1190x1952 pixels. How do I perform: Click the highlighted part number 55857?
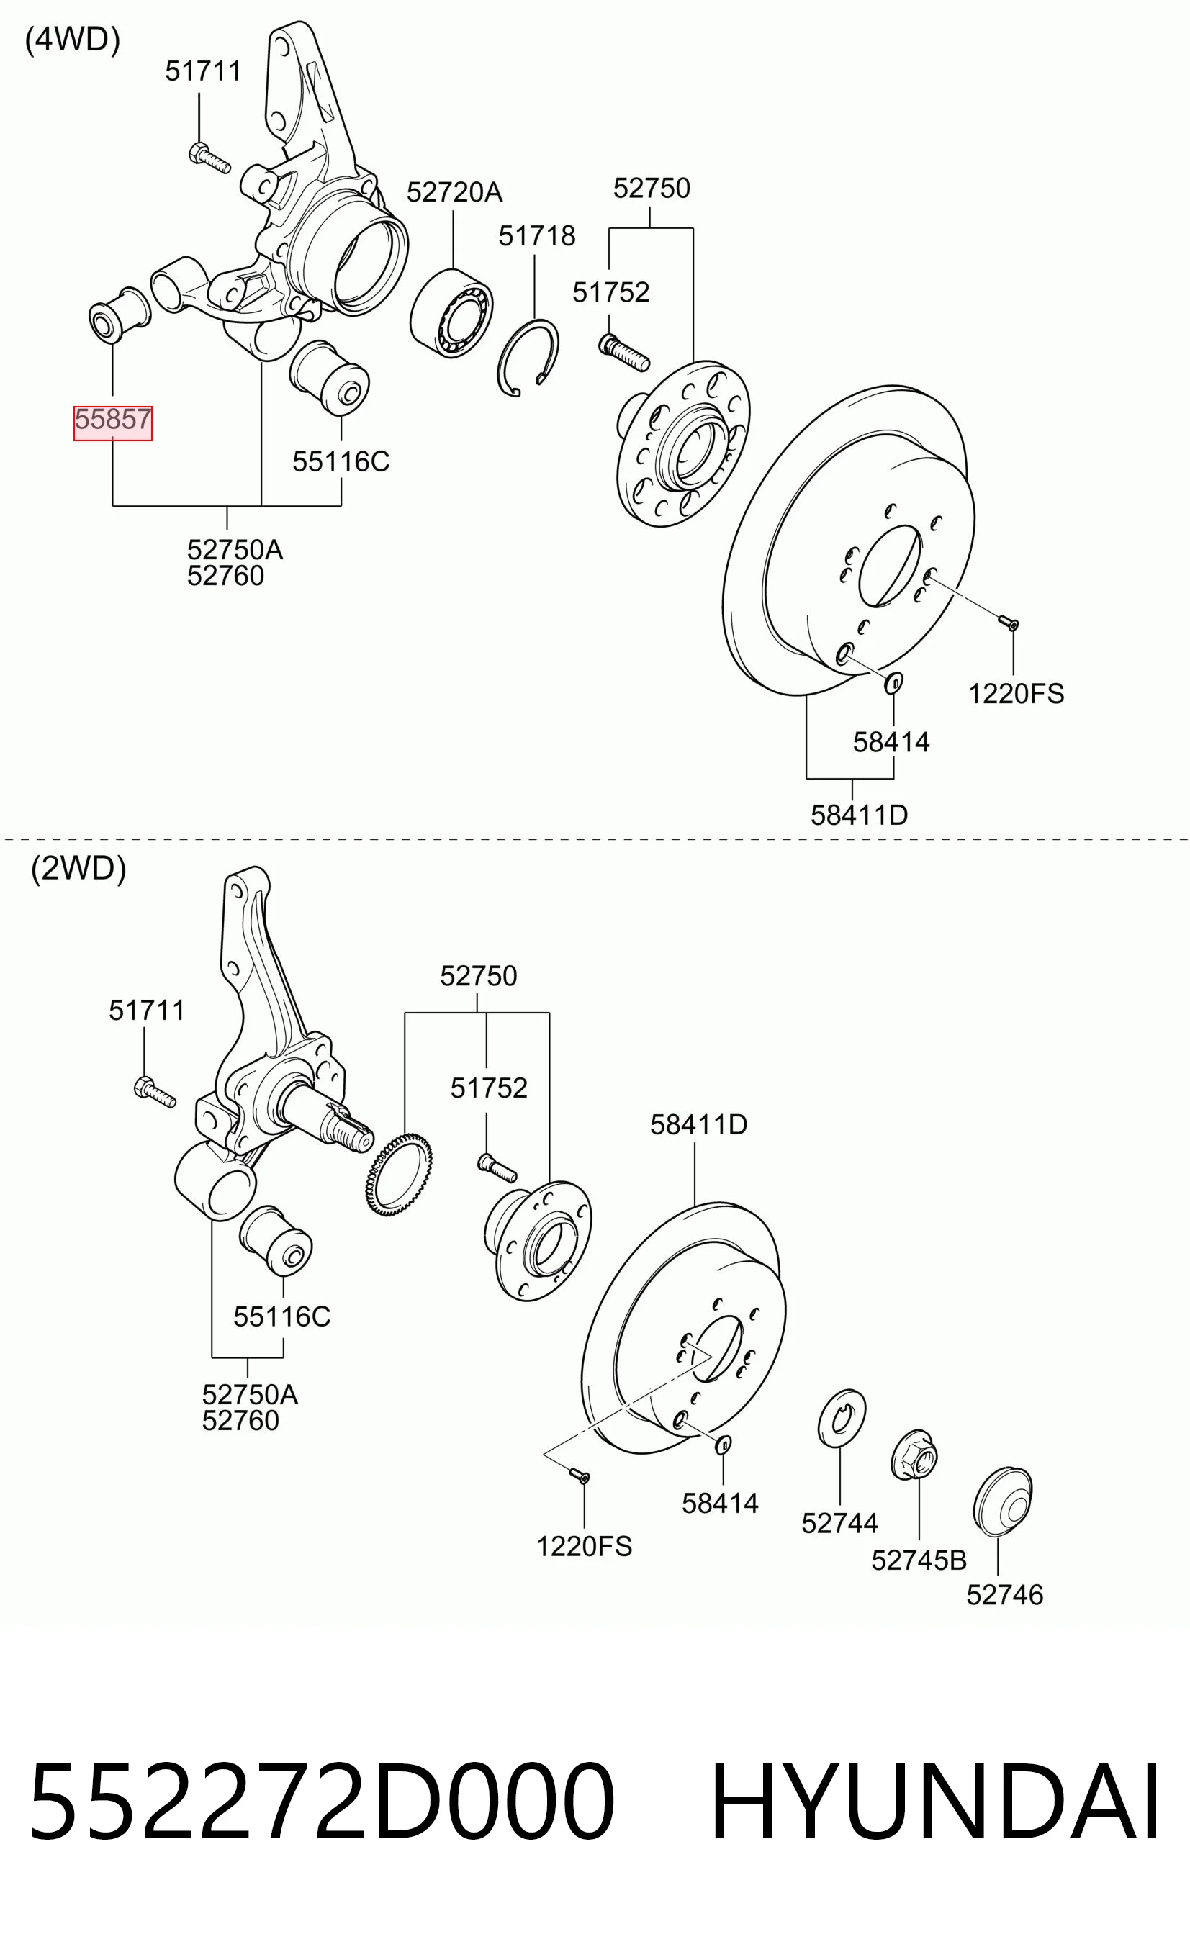[112, 419]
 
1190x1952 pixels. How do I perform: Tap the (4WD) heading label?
[73, 40]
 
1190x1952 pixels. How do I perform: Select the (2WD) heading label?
[78, 868]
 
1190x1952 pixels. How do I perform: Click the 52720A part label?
[455, 191]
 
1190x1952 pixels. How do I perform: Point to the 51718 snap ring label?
[537, 236]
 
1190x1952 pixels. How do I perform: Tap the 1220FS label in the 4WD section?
[1017, 694]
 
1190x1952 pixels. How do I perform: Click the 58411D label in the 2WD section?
[699, 1124]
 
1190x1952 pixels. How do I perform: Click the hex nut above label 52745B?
[914, 1455]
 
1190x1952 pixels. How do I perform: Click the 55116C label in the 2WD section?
[282, 1316]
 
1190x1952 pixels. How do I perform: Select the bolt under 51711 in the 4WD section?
[210, 157]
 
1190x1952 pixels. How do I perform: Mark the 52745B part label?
[919, 1560]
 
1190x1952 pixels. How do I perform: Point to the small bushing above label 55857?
[119, 315]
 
